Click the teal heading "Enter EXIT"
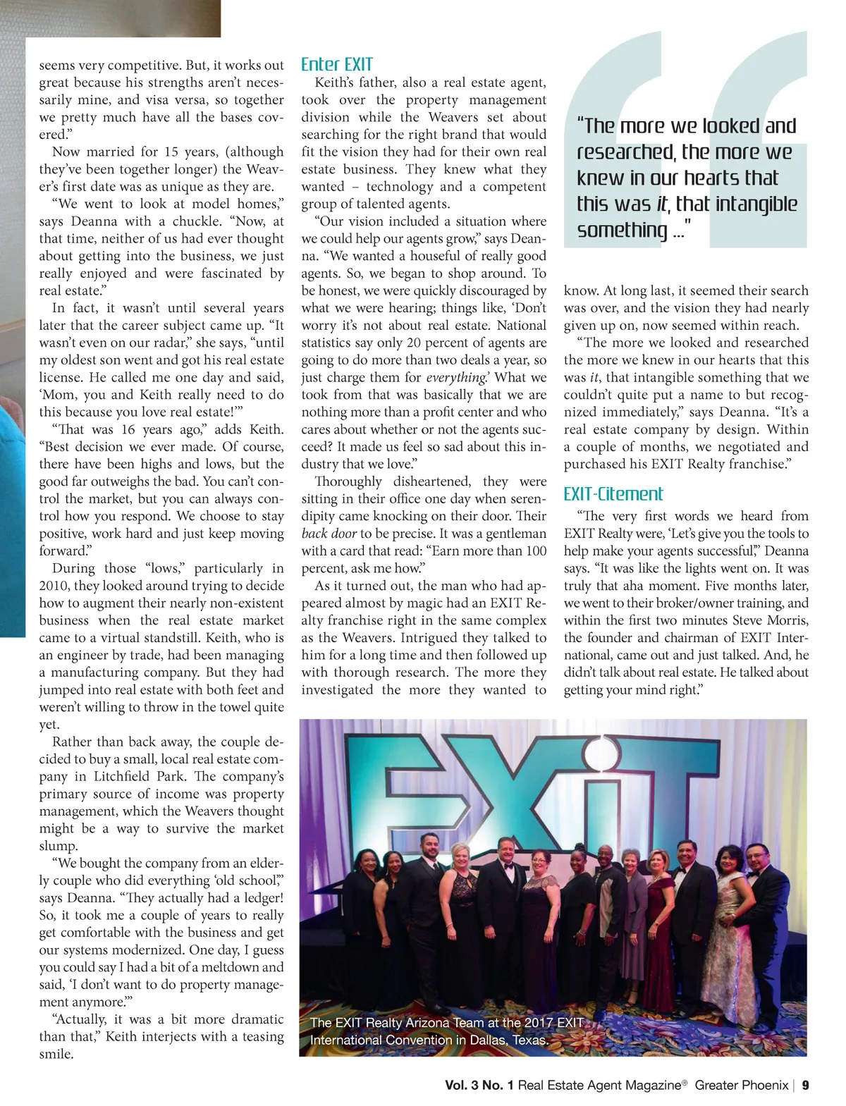[x=336, y=64]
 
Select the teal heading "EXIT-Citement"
[x=613, y=493]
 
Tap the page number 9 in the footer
[x=805, y=1085]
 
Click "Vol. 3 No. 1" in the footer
[x=479, y=1085]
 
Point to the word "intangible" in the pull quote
[x=756, y=204]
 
